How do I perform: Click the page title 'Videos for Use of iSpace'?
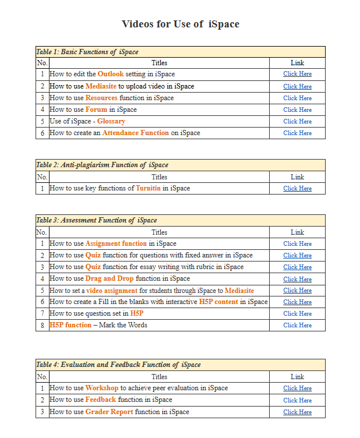tap(180, 24)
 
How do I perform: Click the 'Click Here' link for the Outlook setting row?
tap(297, 74)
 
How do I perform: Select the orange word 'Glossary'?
tap(111, 121)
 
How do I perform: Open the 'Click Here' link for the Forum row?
tap(297, 110)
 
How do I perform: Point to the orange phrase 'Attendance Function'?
tap(135, 133)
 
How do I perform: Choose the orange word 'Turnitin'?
tap(148, 188)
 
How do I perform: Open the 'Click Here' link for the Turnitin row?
tap(297, 188)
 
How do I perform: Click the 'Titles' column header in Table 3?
tap(159, 232)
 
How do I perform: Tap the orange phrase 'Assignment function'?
tap(116, 243)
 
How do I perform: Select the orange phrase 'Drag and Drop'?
tap(110, 278)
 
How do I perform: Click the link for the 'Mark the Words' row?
tap(297, 325)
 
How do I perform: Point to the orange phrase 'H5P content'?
tap(218, 302)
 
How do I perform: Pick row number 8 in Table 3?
tap(42, 325)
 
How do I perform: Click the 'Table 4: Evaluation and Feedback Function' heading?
tap(118, 365)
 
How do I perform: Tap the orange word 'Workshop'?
tap(102, 388)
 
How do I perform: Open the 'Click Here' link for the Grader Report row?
tap(297, 412)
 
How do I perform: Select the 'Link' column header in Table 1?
tap(297, 63)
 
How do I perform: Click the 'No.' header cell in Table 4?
tap(42, 376)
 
